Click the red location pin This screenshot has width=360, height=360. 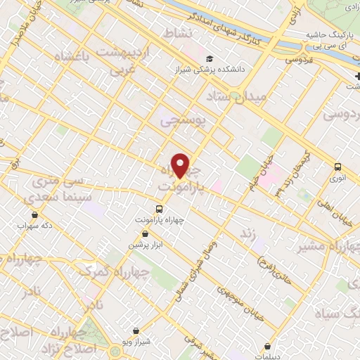tap(181, 165)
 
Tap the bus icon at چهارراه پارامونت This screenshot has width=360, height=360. tap(159, 209)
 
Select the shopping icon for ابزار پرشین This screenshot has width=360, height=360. tap(145, 233)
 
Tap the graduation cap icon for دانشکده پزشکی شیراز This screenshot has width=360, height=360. tap(209, 59)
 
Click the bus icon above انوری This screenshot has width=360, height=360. tap(338, 167)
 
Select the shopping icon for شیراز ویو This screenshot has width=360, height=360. tap(136, 330)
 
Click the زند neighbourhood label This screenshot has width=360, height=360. tap(245, 233)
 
